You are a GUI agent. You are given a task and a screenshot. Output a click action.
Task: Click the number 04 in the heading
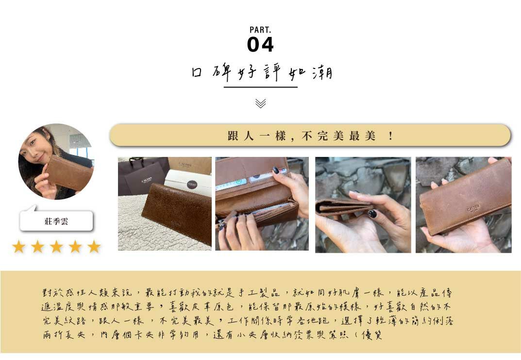[x=260, y=45]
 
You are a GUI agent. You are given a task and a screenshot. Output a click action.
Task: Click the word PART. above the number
[x=260, y=30]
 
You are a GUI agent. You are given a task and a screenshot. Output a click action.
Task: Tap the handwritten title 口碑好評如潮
[x=261, y=73]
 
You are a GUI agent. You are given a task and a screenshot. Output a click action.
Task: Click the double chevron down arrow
[x=261, y=103]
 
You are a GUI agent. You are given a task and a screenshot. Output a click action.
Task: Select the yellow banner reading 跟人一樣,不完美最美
[x=310, y=136]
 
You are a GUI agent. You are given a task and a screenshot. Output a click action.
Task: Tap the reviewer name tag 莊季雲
[x=56, y=222]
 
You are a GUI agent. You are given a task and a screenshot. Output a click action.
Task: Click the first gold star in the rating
[x=18, y=247]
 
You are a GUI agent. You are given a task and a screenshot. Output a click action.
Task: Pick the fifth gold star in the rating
[x=94, y=247]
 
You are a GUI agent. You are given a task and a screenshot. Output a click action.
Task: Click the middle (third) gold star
[x=56, y=247]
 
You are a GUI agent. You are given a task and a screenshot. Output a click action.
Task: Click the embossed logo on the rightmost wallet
[x=473, y=208]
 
